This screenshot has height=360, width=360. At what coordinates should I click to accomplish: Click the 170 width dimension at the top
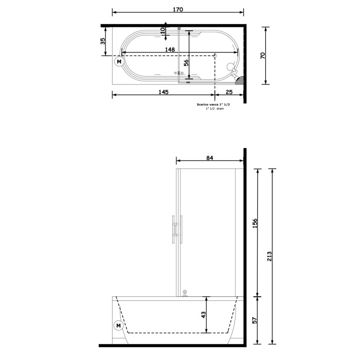click(178, 9)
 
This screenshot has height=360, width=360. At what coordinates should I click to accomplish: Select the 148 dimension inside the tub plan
click(170, 49)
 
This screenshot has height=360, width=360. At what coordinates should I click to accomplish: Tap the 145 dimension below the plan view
click(163, 92)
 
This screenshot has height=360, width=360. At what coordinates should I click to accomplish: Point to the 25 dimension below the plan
click(228, 92)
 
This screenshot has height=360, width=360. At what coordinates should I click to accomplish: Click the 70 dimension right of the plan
click(262, 56)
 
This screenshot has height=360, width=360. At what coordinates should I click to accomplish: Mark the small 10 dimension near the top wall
click(163, 30)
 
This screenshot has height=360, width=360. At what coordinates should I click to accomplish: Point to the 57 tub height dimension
click(256, 320)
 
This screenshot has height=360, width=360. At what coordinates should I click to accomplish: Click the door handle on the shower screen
click(176, 229)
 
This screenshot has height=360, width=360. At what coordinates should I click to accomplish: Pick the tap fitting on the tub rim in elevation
click(185, 293)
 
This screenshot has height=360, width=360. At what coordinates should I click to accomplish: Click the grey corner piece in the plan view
click(239, 80)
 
